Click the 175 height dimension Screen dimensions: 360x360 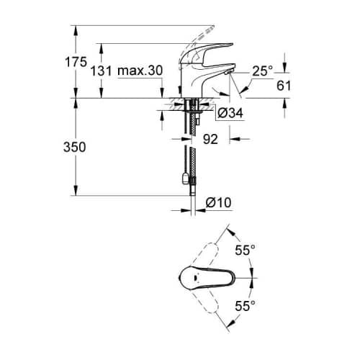[76, 62]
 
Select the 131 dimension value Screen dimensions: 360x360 [101, 71]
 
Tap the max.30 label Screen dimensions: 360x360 [140, 71]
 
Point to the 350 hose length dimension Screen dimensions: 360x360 [75, 147]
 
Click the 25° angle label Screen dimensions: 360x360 [263, 71]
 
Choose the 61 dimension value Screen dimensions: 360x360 [284, 86]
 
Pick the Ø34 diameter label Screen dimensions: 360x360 [230, 113]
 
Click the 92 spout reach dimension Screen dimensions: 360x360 [210, 139]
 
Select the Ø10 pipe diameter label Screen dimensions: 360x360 [218, 202]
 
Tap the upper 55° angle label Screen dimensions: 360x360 [245, 251]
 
